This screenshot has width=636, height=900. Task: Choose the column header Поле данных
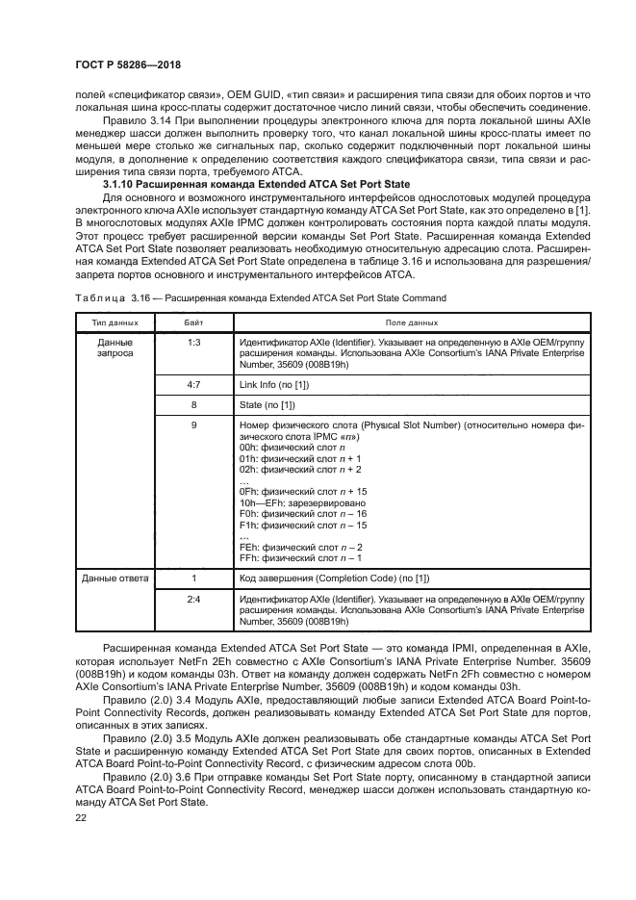pyautogui.click(x=412, y=322)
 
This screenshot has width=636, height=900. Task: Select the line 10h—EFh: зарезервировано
pyautogui.click(x=302, y=501)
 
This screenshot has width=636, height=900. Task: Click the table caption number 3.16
pyautogui.click(x=140, y=297)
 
